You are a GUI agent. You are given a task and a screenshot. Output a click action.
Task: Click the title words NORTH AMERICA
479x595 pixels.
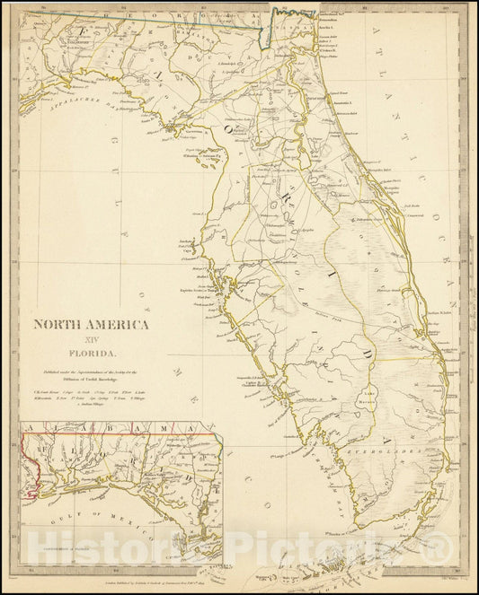tap(92, 324)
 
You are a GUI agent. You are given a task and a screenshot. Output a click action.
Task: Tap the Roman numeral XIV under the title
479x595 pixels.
tap(92, 339)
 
